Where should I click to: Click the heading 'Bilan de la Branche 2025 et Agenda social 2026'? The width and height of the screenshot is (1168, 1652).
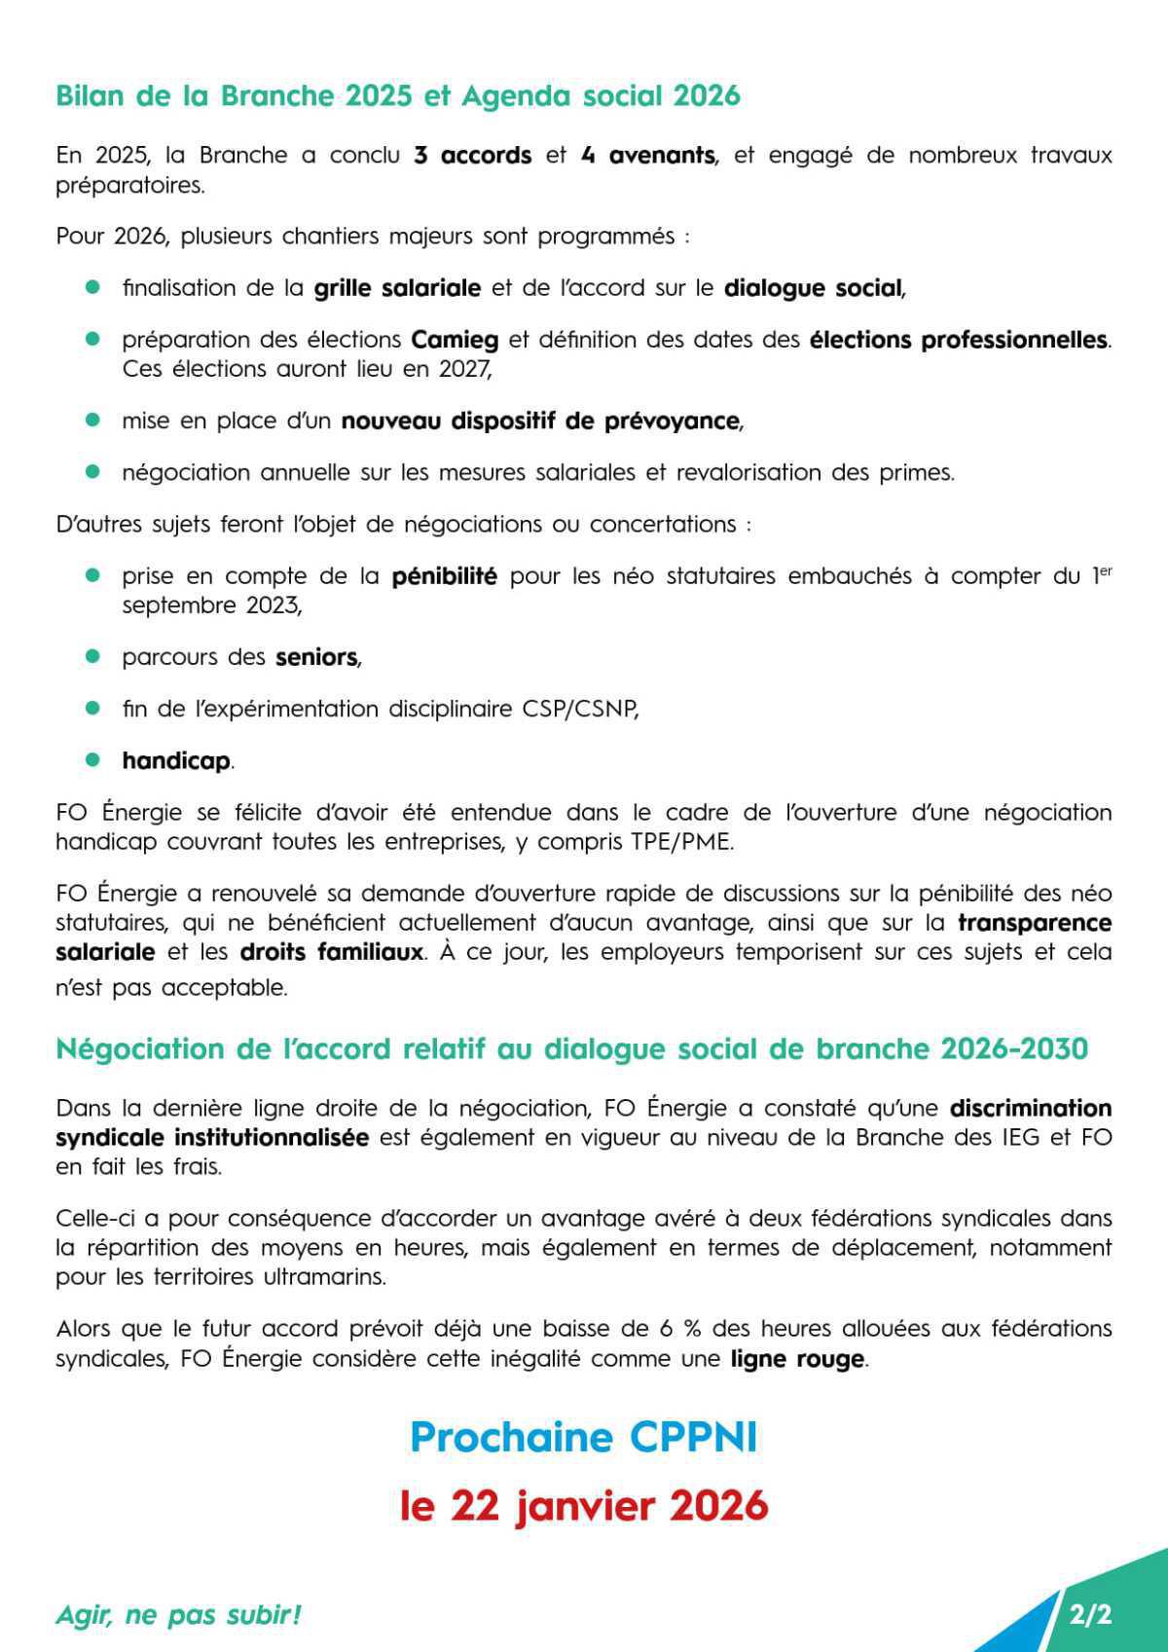pos(397,96)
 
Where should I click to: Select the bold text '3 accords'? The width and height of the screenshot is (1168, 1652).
pos(472,156)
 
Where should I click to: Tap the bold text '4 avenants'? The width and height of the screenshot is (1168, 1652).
pos(647,156)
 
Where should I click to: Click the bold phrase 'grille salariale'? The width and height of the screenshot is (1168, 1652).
pos(397,288)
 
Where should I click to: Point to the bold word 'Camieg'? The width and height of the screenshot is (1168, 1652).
pos(455,340)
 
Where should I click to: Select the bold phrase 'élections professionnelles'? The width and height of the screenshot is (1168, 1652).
pos(958,340)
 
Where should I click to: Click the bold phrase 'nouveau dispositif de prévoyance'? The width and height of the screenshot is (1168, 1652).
pos(540,422)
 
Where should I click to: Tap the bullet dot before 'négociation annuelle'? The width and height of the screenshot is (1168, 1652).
pos(93,472)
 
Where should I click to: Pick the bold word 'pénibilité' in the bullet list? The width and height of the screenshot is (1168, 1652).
pos(444,576)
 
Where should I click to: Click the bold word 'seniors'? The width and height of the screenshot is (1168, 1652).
pos(316,657)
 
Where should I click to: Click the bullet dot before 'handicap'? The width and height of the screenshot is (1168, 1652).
pos(93,759)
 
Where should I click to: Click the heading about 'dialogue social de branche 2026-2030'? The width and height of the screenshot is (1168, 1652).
pos(571,1049)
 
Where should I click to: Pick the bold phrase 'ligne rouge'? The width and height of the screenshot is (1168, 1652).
pos(796,1359)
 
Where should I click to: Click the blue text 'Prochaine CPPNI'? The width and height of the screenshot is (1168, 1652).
pos(583,1438)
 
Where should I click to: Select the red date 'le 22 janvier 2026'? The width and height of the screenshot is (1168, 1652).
pos(583,1506)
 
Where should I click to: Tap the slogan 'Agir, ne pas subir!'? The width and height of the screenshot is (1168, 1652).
pos(178,1615)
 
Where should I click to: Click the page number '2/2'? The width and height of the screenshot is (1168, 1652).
pos(1089,1615)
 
